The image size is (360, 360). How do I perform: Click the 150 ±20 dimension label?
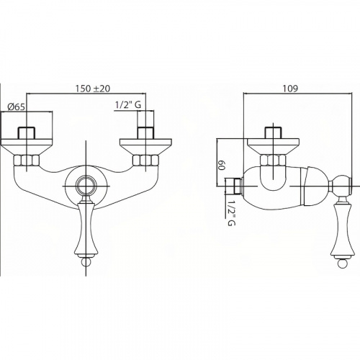(x=93, y=89)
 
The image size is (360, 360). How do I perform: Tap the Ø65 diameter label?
(x=16, y=107)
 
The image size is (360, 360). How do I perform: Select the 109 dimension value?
(x=290, y=89)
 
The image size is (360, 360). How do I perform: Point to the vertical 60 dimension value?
(x=221, y=166)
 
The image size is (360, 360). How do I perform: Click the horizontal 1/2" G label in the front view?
(x=128, y=105)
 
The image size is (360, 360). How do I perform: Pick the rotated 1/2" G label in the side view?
(x=231, y=210)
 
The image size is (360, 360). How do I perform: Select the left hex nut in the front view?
(x=27, y=161)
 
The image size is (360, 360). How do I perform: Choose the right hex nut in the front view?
(x=145, y=161)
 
